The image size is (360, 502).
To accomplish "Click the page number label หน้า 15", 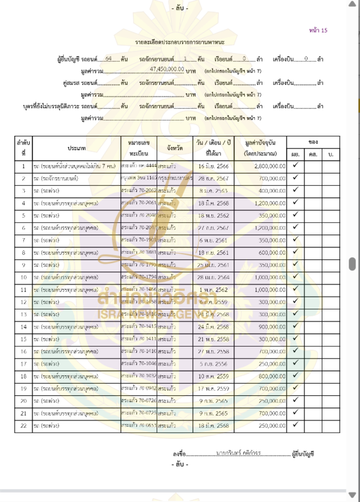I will pyautogui.click(x=318, y=30).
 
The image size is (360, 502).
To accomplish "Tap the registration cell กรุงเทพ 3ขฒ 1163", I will pyautogui.click(x=139, y=178).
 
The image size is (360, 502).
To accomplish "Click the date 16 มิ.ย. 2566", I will pyautogui.click(x=214, y=166).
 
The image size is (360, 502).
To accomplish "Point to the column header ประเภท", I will pyautogui.click(x=77, y=148).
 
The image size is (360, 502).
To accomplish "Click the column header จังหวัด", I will pyautogui.click(x=175, y=148).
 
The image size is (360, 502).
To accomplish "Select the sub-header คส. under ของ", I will pyautogui.click(x=313, y=154).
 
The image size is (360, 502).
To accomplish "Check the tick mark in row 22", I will pyautogui.click(x=296, y=424).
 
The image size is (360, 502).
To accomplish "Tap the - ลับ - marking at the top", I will pyautogui.click(x=180, y=8).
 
